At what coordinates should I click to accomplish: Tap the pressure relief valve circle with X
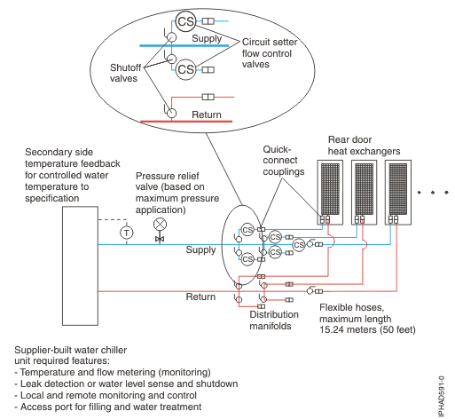160,224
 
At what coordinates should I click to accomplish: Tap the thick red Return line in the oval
195,121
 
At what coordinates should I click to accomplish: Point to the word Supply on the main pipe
200,249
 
